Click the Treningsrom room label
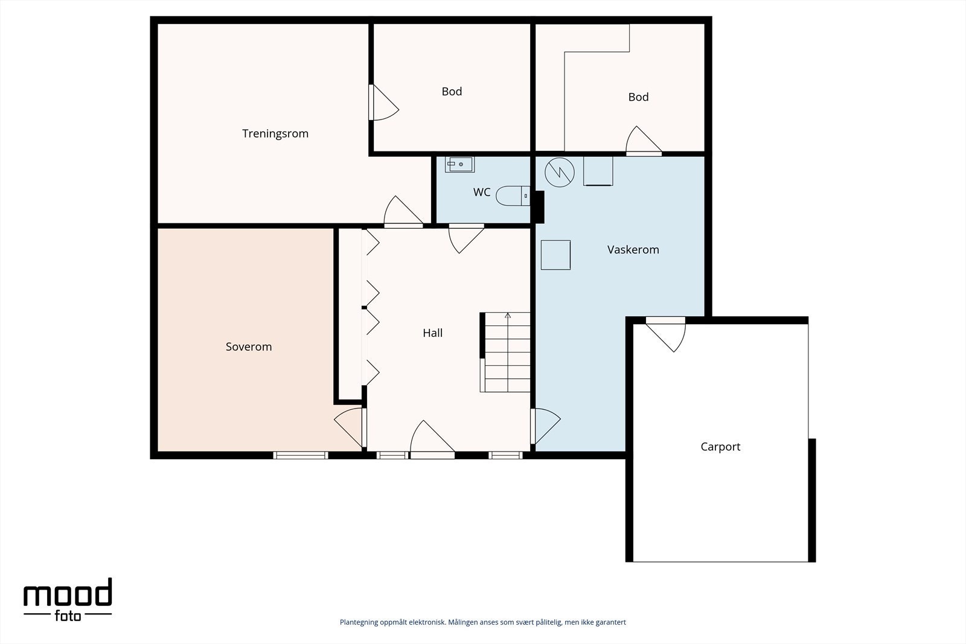pyautogui.click(x=275, y=133)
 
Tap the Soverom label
pyautogui.click(x=249, y=346)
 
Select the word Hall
pyautogui.click(x=432, y=333)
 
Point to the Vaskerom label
pyautogui.click(x=633, y=250)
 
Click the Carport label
pyautogui.click(x=720, y=447)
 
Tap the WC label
pyautogui.click(x=482, y=193)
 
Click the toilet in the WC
pyautogui.click(x=513, y=196)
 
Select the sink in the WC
pyautogui.click(x=459, y=164)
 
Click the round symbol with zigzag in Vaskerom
pyautogui.click(x=559, y=172)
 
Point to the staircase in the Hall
pyautogui.click(x=505, y=352)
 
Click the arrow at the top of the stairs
pyautogui.click(x=508, y=316)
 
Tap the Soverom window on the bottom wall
pyautogui.click(x=301, y=455)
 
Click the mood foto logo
pyautogui.click(x=68, y=599)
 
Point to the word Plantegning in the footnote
pyautogui.click(x=359, y=622)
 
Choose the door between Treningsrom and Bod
pyautogui.click(x=383, y=102)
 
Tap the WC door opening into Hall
pyautogui.click(x=466, y=238)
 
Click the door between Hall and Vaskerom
pyautogui.click(x=546, y=426)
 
